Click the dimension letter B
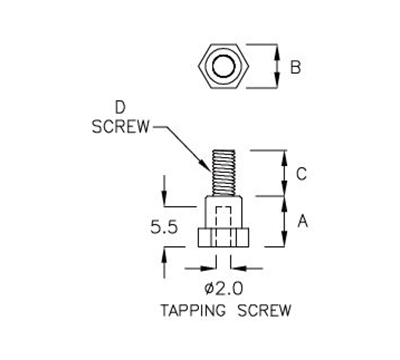(x=293, y=68)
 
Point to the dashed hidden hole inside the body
(x=224, y=217)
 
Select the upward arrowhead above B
(x=277, y=49)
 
